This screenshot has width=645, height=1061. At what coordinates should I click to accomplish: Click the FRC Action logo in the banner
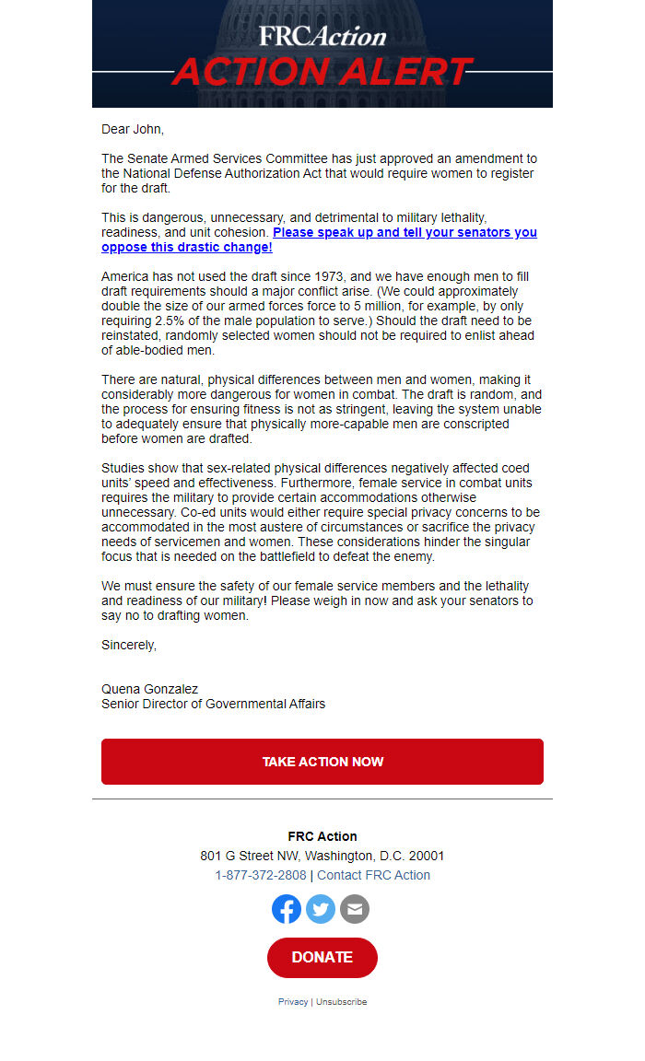pyautogui.click(x=322, y=36)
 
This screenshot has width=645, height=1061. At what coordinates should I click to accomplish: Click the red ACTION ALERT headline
pyautogui.click(x=322, y=72)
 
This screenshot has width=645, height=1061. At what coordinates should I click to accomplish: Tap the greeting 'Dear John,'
pyautogui.click(x=133, y=129)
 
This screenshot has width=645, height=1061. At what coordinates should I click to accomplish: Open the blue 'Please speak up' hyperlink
pyautogui.click(x=405, y=233)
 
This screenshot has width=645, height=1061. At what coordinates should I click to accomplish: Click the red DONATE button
pyautogui.click(x=322, y=957)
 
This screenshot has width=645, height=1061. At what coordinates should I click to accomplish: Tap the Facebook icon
pyautogui.click(x=287, y=909)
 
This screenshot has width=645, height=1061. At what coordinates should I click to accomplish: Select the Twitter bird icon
pyautogui.click(x=321, y=909)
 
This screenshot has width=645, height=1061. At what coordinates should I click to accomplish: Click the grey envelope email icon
pyautogui.click(x=355, y=909)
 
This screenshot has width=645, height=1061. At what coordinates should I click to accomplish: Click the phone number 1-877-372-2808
pyautogui.click(x=261, y=875)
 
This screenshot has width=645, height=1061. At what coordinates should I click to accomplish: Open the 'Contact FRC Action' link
pyautogui.click(x=373, y=875)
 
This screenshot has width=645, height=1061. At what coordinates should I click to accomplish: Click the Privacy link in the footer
pyautogui.click(x=293, y=1002)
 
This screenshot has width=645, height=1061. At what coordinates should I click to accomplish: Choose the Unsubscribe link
pyautogui.click(x=341, y=1002)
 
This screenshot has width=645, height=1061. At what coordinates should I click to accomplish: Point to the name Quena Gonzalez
pyautogui.click(x=149, y=689)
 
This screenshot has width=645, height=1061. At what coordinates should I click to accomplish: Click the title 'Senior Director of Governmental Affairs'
pyautogui.click(x=213, y=704)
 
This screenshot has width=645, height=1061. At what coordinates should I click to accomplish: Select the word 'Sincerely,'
pyautogui.click(x=129, y=645)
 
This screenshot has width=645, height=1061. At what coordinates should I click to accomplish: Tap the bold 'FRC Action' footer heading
pyautogui.click(x=322, y=836)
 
